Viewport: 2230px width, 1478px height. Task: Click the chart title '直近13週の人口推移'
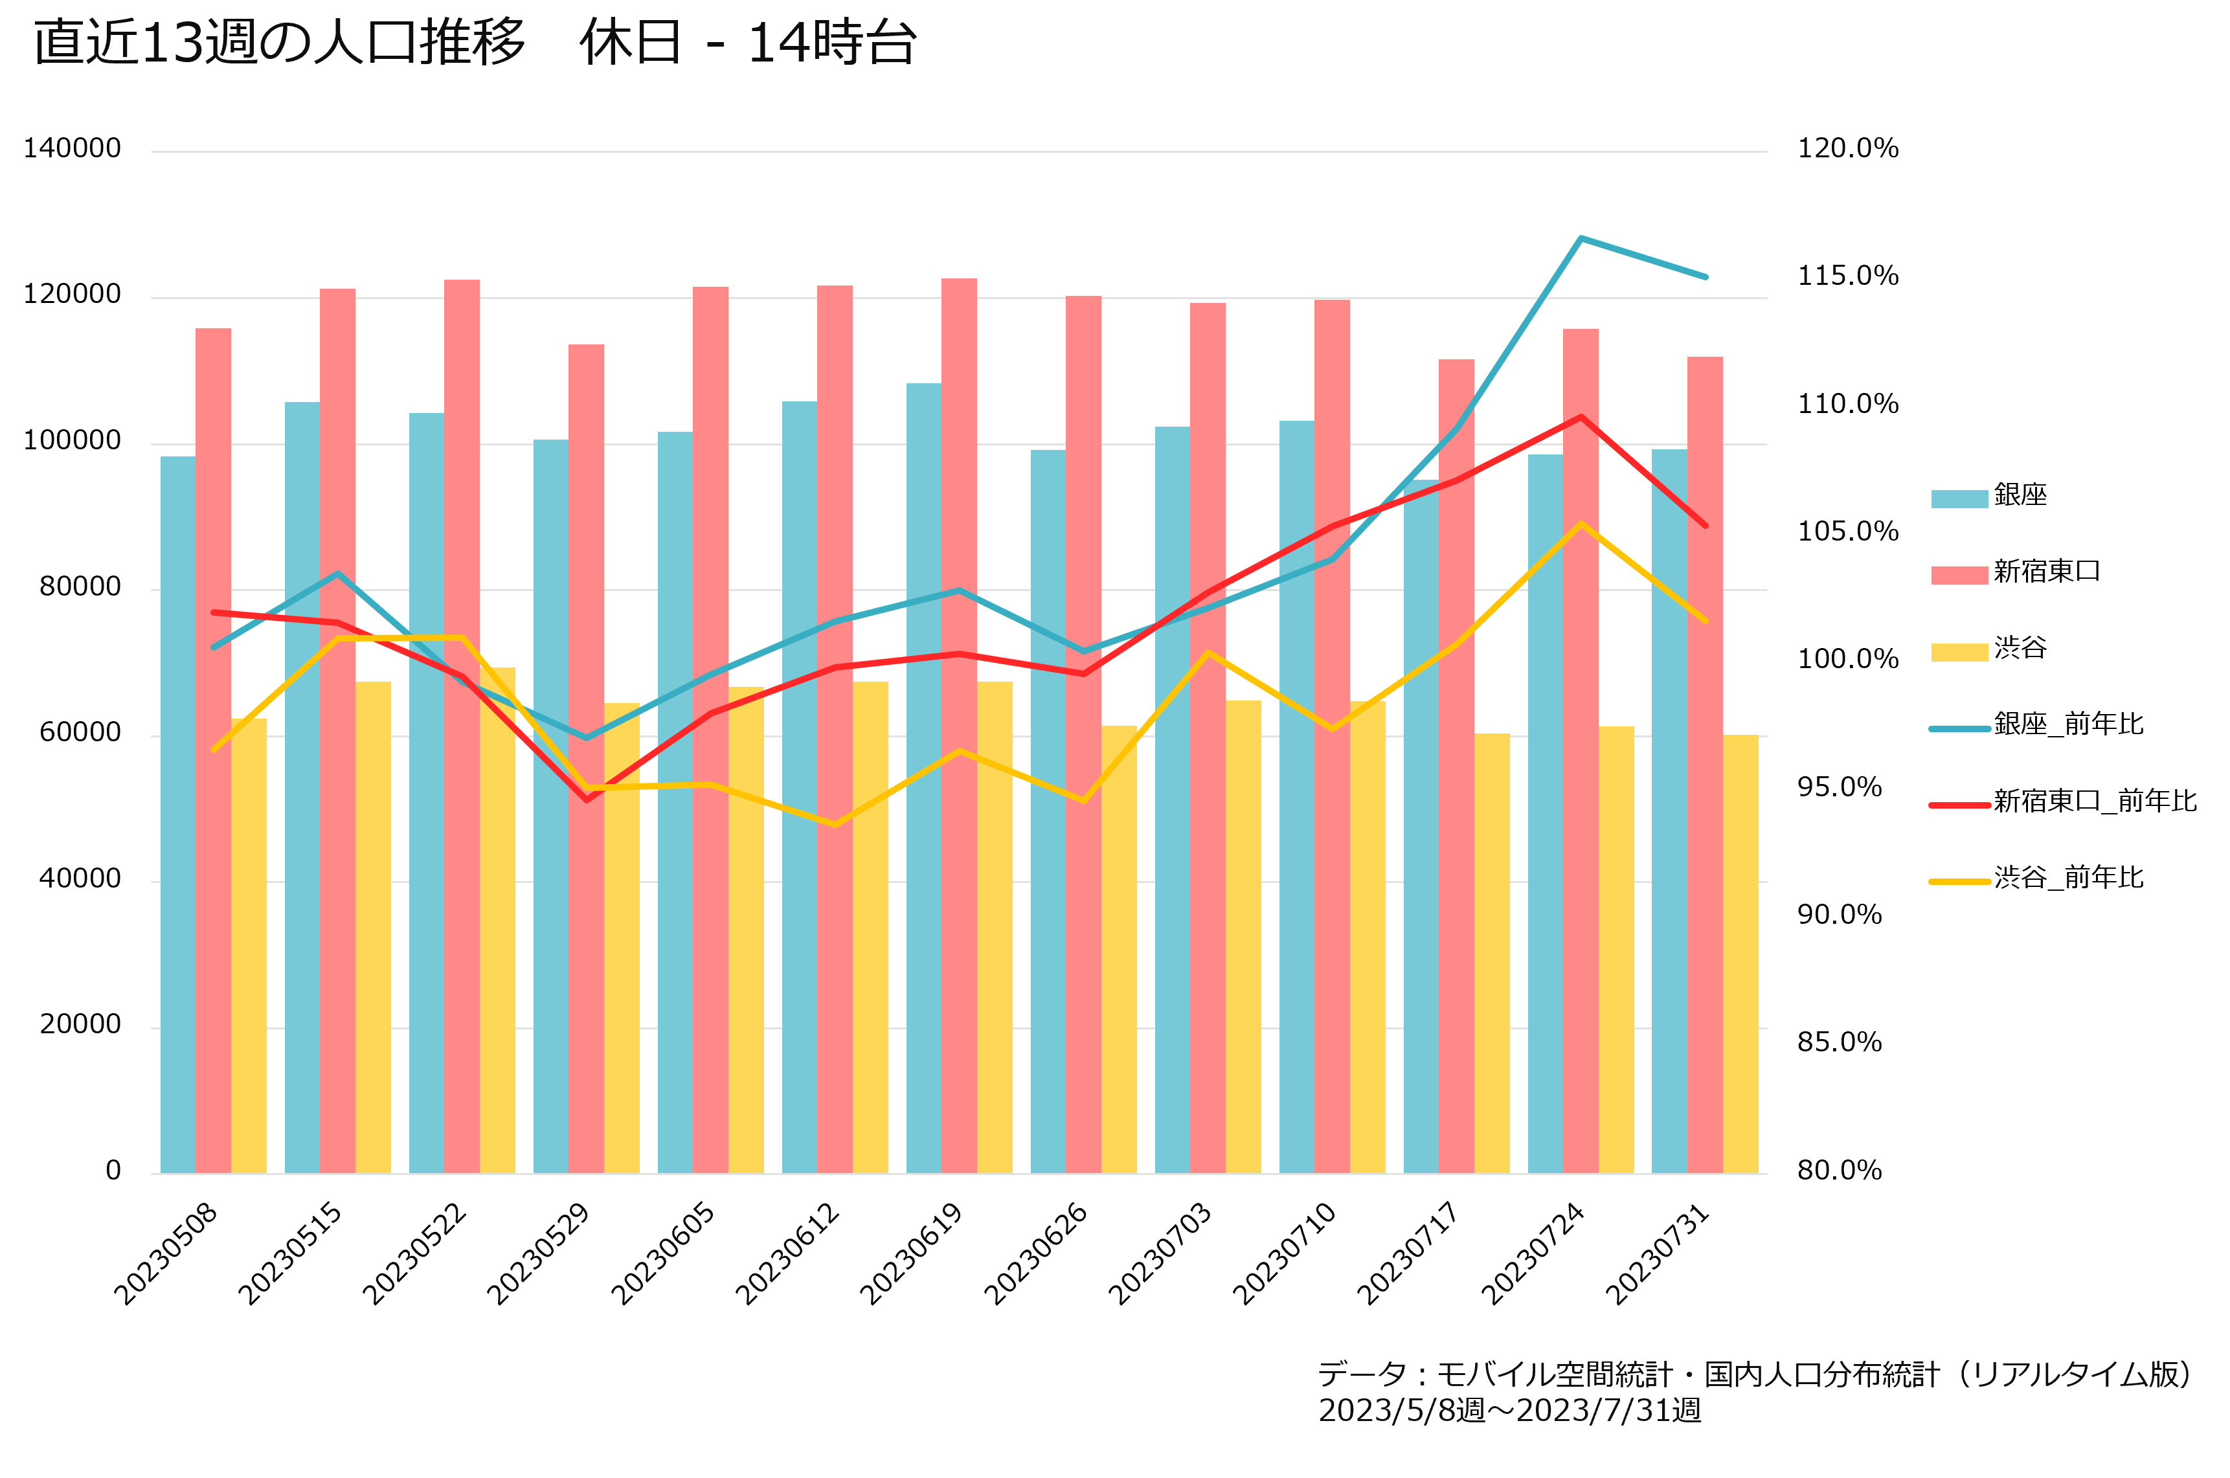tap(279, 43)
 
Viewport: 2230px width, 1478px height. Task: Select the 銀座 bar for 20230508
tap(178, 814)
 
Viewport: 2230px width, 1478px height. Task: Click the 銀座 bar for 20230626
tap(1048, 812)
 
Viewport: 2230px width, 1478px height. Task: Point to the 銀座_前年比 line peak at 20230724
tap(1581, 238)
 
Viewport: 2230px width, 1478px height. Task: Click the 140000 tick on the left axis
tap(73, 149)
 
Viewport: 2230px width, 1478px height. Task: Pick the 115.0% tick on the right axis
tap(1847, 276)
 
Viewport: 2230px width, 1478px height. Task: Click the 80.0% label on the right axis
tap(1839, 1170)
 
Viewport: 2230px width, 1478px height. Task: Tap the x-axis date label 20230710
tap(1285, 1253)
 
